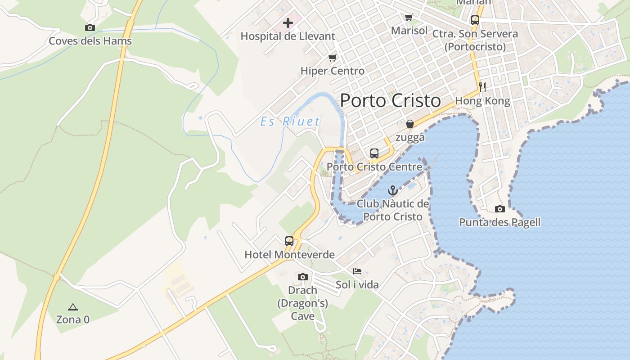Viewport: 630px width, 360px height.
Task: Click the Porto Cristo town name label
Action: click(390, 100)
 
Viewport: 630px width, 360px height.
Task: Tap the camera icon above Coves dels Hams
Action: click(90, 27)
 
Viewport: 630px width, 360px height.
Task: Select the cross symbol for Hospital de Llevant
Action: click(288, 22)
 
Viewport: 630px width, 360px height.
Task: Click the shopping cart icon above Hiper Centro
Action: click(333, 58)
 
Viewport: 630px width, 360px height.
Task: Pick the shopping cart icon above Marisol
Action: click(409, 18)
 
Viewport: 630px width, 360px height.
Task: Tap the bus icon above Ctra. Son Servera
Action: click(475, 20)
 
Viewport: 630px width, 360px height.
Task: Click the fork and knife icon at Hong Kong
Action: click(482, 87)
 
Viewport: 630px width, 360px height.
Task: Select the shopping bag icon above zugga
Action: click(410, 124)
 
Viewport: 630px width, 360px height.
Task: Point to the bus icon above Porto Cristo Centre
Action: click(374, 153)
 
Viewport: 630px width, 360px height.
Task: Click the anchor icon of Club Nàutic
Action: click(393, 190)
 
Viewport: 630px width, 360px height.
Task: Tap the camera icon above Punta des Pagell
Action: click(499, 209)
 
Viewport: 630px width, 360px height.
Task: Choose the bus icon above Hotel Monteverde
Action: click(289, 241)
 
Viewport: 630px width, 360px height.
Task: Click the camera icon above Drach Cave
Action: click(303, 276)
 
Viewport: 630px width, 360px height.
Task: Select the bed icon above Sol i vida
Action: click(357, 271)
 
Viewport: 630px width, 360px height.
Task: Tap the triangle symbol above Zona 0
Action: click(73, 307)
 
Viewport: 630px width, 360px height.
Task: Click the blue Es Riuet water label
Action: click(290, 121)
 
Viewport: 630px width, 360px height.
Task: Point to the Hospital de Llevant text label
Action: click(288, 36)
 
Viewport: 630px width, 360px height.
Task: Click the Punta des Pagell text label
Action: click(499, 222)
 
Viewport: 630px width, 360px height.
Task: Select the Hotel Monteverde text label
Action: click(289, 255)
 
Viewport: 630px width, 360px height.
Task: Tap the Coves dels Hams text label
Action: click(90, 41)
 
